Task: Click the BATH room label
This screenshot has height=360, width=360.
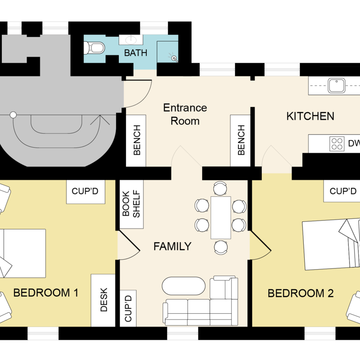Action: click(x=135, y=53)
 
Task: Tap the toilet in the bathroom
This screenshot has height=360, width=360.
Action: click(x=94, y=48)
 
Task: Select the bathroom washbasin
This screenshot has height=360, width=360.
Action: click(x=131, y=40)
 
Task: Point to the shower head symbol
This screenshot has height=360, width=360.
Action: click(x=174, y=58)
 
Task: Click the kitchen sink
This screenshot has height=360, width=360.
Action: click(x=336, y=85)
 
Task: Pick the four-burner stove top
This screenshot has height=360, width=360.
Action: click(x=337, y=144)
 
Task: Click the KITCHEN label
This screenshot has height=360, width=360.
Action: click(x=310, y=116)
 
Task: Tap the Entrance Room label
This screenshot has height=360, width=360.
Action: click(x=185, y=114)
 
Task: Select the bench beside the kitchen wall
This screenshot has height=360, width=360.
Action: click(x=240, y=140)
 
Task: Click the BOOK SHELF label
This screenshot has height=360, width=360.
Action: click(x=131, y=204)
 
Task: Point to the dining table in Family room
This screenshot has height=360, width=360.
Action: click(x=221, y=218)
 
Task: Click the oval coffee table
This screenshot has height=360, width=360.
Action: click(x=184, y=286)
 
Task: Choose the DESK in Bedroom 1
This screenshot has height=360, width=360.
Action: click(x=103, y=300)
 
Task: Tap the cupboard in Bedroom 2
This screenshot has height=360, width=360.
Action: click(x=342, y=191)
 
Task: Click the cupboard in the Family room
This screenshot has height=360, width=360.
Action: click(x=128, y=308)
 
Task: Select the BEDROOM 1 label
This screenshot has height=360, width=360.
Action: click(x=46, y=293)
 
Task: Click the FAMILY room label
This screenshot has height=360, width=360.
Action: click(x=172, y=246)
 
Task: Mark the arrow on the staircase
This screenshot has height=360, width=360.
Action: click(x=100, y=120)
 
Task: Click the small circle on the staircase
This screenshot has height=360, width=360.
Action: click(x=13, y=115)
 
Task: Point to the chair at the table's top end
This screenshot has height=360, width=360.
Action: click(x=220, y=188)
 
